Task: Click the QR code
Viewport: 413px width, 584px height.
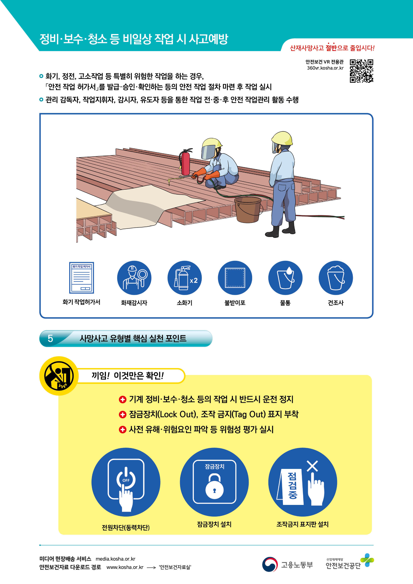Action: (x=361, y=71)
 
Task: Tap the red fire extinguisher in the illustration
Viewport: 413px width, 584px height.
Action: (x=185, y=162)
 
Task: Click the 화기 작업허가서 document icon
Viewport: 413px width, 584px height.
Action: (x=82, y=278)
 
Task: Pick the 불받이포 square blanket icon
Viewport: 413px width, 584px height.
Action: (x=235, y=278)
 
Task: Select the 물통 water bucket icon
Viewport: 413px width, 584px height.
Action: (x=285, y=278)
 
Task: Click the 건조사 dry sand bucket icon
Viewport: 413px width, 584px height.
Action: (x=336, y=278)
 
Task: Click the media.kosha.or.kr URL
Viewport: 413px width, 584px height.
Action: (x=115, y=559)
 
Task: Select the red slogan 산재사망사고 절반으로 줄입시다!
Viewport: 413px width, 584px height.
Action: (x=332, y=48)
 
